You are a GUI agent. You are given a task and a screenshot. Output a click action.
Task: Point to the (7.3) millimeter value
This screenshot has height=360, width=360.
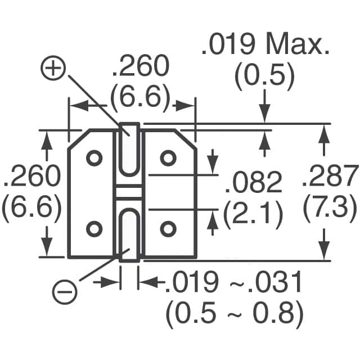point(330,209)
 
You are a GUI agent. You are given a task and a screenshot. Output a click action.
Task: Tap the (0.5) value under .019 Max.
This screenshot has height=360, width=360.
point(264,78)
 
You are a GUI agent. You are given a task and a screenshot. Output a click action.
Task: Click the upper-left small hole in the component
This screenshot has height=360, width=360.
point(94,158)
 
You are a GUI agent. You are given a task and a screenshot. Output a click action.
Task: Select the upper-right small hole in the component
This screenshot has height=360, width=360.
point(168,158)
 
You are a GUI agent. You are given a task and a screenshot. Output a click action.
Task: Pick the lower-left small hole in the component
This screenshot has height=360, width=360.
point(94,228)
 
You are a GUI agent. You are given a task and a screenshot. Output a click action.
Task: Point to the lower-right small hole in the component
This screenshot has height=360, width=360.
point(168,228)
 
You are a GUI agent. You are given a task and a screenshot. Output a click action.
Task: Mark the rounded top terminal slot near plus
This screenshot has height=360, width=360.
point(130,148)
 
